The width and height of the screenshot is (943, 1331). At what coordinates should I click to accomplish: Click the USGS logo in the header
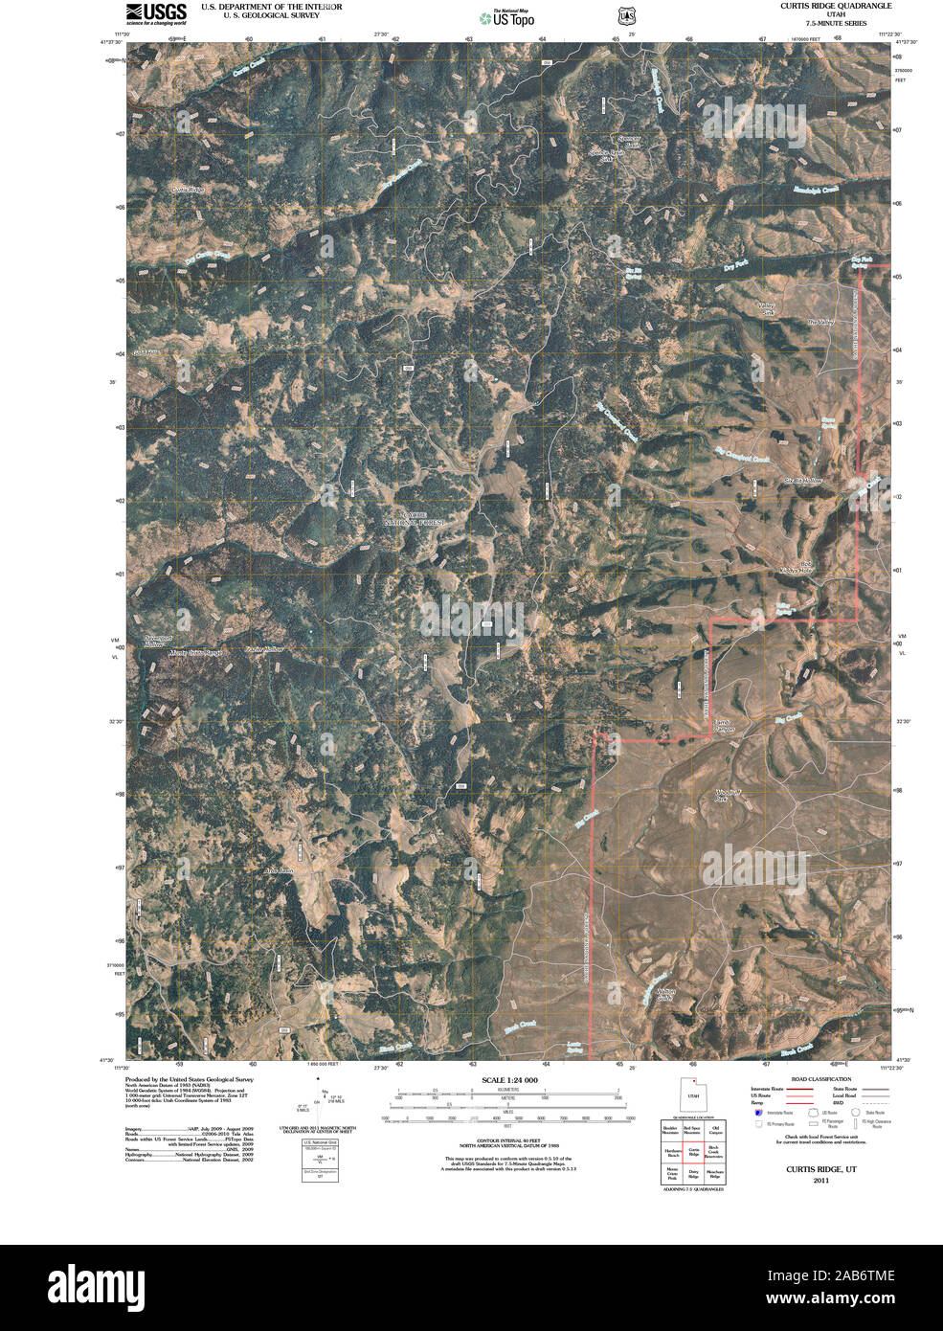[155, 13]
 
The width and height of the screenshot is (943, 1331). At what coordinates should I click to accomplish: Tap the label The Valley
[820, 322]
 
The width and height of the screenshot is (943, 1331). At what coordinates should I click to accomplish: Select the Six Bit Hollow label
[803, 480]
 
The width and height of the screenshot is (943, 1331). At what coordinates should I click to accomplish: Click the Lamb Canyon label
[725, 726]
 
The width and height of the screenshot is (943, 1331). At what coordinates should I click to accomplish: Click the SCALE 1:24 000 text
[509, 1080]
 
